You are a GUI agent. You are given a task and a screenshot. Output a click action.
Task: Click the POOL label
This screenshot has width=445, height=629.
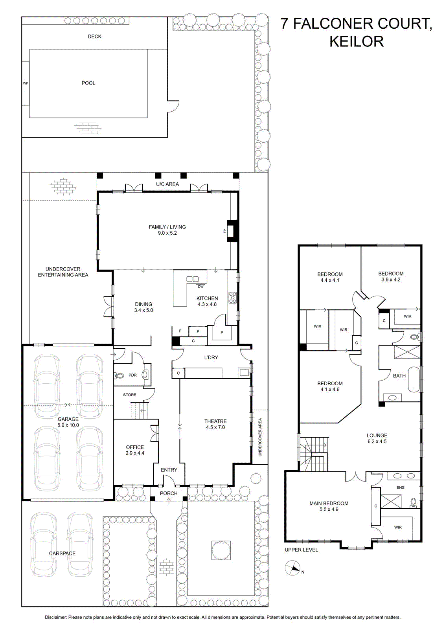pos(88,83)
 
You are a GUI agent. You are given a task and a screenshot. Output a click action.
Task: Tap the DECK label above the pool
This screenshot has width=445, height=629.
pos(95,37)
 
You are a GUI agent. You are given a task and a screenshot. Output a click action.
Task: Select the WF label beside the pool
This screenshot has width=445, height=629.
pos(26,83)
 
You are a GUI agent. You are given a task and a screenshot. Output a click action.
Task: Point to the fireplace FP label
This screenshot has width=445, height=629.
pos(224,231)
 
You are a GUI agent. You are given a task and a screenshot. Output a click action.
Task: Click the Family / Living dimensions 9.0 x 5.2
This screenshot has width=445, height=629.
pos(167,233)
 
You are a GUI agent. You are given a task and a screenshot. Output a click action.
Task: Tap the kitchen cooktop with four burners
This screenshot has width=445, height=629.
pos(233,298)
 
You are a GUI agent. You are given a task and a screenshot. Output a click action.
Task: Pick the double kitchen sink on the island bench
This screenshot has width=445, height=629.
pos(193,279)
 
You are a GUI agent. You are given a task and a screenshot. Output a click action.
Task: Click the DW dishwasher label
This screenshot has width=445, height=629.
pos(201,287)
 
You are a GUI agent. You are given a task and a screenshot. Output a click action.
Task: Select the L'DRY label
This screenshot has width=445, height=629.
pos(211,357)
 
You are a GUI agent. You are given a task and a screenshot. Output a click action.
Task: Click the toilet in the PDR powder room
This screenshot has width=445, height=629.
pos(119,375)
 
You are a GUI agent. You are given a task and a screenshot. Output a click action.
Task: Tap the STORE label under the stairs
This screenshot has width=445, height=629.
pos(130,395)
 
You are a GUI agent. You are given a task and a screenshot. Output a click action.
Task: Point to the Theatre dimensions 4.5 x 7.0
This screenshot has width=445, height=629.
pos(215,427)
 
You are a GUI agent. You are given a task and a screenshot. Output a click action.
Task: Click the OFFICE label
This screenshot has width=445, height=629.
pos(135,447)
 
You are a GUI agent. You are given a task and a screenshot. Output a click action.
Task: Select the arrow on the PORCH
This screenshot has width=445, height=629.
pos(169,500)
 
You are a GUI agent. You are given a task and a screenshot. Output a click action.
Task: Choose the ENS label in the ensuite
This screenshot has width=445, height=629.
pos(401,487)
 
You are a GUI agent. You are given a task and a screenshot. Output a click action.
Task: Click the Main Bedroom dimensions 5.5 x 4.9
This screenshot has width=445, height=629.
pos(329,509)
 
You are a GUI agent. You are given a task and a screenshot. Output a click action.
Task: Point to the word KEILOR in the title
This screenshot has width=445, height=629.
pos(357,41)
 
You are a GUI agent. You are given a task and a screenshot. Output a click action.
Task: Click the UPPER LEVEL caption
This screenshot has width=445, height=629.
pos(301,550)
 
